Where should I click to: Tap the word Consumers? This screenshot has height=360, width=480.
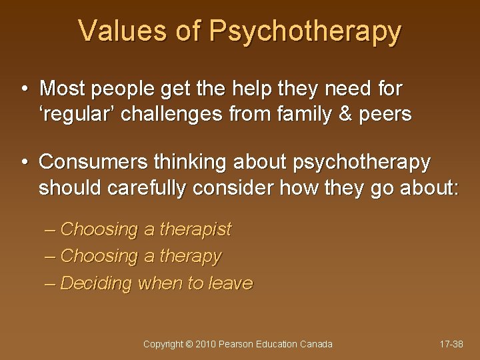click(93, 162)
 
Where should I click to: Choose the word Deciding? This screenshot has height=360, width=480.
click(96, 283)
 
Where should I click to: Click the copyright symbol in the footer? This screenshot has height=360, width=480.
click(190, 344)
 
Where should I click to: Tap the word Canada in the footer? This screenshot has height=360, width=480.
click(316, 344)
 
